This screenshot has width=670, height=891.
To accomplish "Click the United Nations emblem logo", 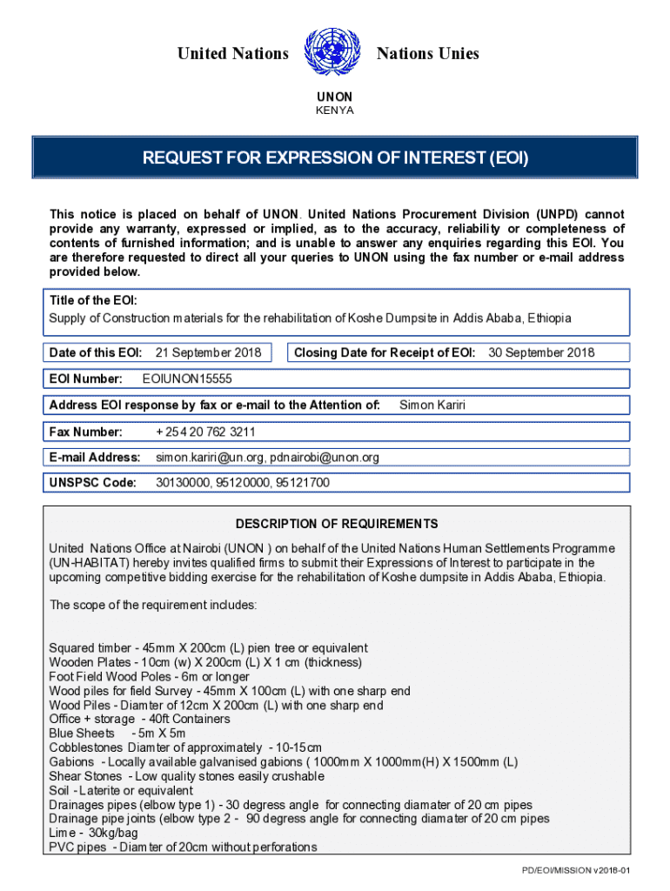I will pyautogui.click(x=332, y=53).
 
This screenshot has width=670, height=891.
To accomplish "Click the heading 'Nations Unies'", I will pyautogui.click(x=427, y=54).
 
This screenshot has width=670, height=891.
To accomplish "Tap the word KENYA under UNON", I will pyautogui.click(x=334, y=111).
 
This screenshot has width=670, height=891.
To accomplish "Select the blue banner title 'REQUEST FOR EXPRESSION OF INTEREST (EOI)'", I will pyautogui.click(x=335, y=158).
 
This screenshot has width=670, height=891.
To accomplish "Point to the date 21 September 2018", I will pyautogui.click(x=208, y=352).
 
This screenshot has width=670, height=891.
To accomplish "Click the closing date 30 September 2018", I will pyautogui.click(x=541, y=352).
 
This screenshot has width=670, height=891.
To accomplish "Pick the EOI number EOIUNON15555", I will pyautogui.click(x=187, y=379).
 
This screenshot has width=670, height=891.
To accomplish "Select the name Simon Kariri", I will pyautogui.click(x=433, y=405).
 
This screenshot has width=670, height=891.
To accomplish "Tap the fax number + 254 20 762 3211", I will pyautogui.click(x=205, y=432).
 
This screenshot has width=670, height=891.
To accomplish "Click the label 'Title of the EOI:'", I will pyautogui.click(x=93, y=300).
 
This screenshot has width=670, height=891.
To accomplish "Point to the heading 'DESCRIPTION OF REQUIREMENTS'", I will pyautogui.click(x=337, y=524).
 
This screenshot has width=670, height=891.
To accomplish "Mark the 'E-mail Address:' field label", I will pyautogui.click(x=95, y=457).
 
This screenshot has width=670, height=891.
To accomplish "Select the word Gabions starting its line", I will pyautogui.click(x=71, y=762).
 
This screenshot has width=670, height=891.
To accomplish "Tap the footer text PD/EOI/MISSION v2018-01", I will pyautogui.click(x=575, y=870).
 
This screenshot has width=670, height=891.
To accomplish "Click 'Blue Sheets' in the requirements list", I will pyautogui.click(x=82, y=734).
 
